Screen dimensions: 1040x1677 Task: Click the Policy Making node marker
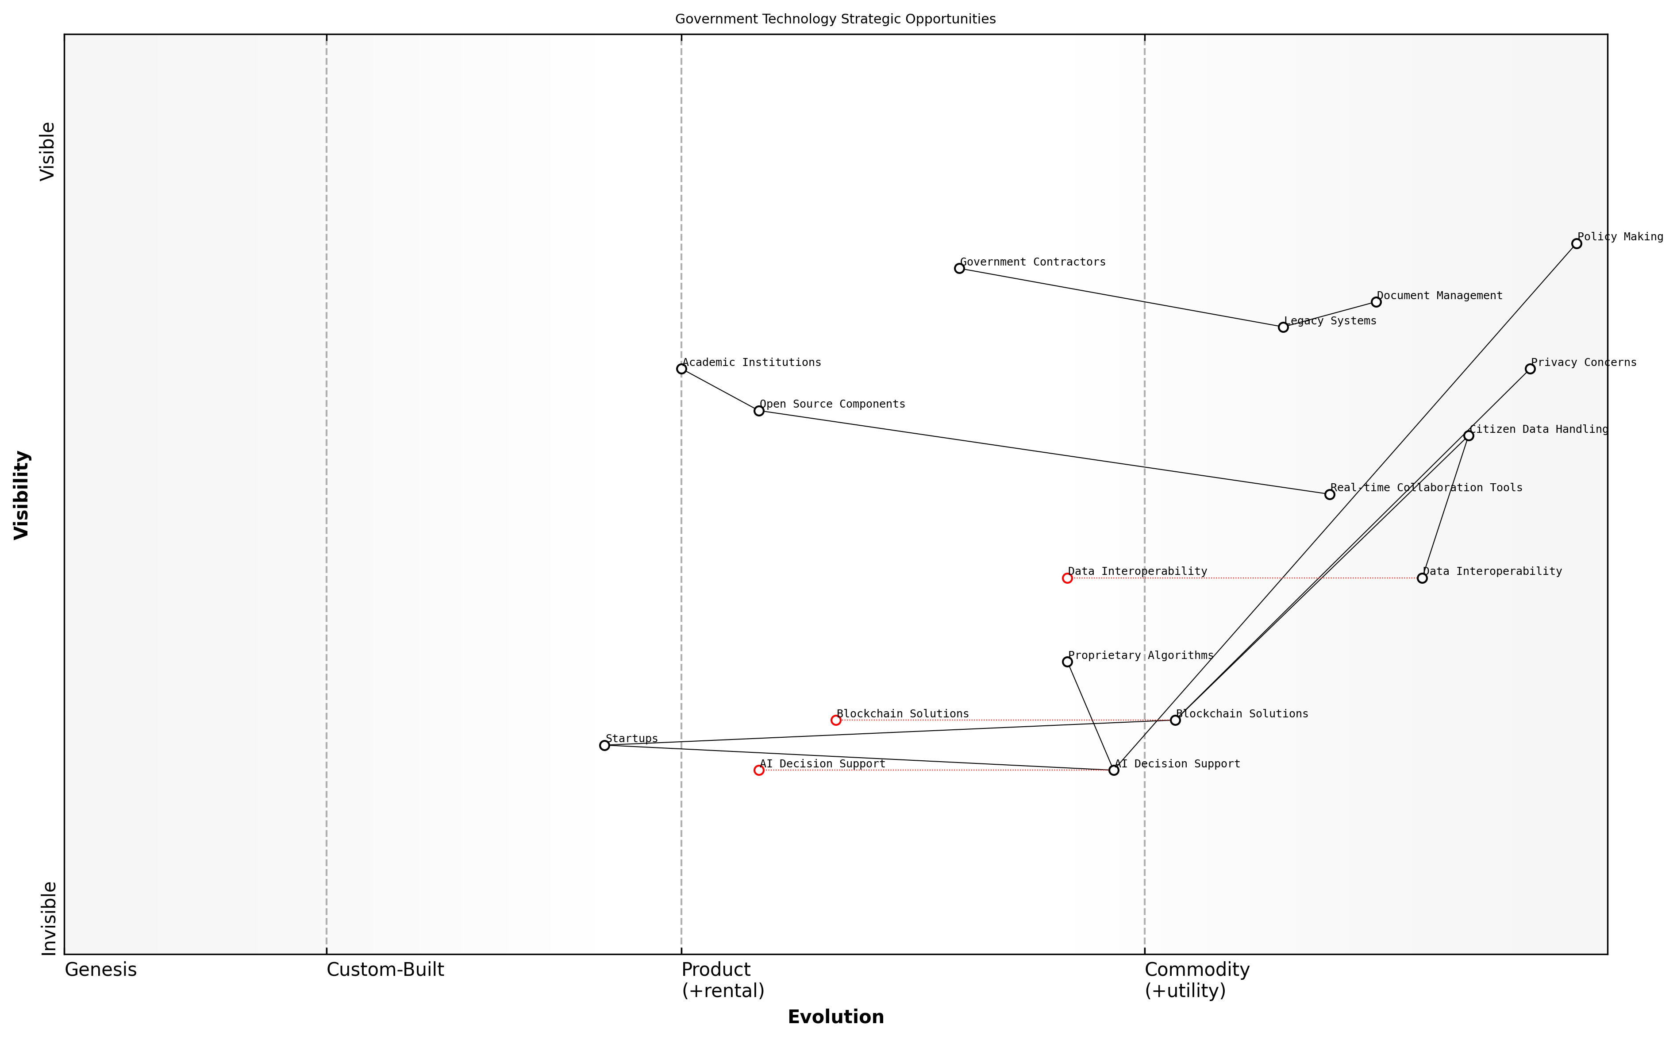point(1576,243)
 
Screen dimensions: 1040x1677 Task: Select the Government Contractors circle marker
point(959,268)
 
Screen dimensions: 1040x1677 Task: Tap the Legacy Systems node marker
point(1283,327)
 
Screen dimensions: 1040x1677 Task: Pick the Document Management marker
point(1376,302)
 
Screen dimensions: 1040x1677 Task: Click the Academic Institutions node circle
point(681,369)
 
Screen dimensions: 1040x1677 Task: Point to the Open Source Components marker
point(758,411)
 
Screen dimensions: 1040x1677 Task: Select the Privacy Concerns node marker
point(1530,369)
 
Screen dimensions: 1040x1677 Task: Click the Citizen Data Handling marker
point(1468,435)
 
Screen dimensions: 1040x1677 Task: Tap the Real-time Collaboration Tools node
point(1329,494)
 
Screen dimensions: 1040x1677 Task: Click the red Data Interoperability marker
point(1067,578)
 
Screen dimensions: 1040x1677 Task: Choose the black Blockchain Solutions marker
point(1175,720)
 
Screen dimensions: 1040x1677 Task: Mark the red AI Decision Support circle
point(758,770)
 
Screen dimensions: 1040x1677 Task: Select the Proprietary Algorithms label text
point(1140,655)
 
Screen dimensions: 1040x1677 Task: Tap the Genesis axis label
point(100,970)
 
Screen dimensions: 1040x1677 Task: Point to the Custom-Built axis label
point(385,970)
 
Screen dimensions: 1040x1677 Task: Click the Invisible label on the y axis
point(48,918)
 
